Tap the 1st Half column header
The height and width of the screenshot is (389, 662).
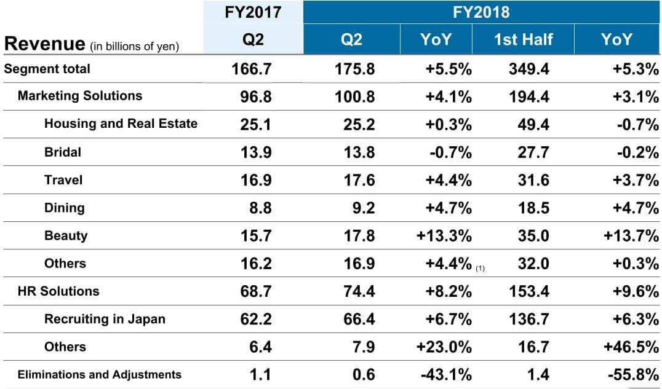pyautogui.click(x=522, y=40)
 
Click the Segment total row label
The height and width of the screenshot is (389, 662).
pyautogui.click(x=47, y=69)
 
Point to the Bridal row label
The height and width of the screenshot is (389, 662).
pyautogui.click(x=63, y=152)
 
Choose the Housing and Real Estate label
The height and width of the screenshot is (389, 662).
pyautogui.click(x=121, y=124)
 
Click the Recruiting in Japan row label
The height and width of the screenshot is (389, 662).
pyautogui.click(x=105, y=319)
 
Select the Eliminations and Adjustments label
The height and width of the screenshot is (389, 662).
pyautogui.click(x=100, y=374)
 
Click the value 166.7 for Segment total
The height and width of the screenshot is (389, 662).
pyautogui.click(x=250, y=69)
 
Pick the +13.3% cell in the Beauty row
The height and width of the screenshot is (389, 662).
pyautogui.click(x=444, y=236)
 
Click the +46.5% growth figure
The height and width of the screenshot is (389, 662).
pyautogui.click(x=629, y=347)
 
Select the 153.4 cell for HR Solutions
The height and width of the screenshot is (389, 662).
pyautogui.click(x=527, y=291)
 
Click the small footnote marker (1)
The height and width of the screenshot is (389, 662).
pyautogui.click(x=480, y=267)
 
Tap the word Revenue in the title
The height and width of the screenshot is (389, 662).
pyautogui.click(x=44, y=44)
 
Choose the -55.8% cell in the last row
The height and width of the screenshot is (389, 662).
pyautogui.click(x=629, y=375)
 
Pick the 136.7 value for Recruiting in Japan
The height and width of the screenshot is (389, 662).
pyautogui.click(x=527, y=320)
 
